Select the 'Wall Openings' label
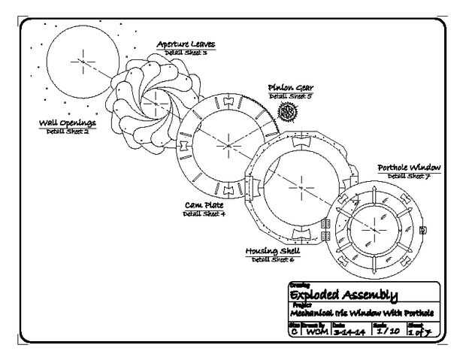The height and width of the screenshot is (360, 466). [68, 123]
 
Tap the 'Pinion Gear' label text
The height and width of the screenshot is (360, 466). [289, 88]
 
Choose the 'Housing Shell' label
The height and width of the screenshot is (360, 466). [273, 250]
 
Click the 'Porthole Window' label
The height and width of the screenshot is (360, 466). [409, 168]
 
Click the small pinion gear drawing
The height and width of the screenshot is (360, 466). [287, 111]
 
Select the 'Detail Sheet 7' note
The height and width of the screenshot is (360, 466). [409, 177]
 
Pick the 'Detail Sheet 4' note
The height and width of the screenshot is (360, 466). [204, 214]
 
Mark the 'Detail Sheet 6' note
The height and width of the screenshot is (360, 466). [273, 259]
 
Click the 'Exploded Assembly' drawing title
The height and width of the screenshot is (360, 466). [343, 294]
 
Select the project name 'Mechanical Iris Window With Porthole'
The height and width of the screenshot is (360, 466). [362, 313]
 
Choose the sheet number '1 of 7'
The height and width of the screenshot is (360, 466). [421, 331]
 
